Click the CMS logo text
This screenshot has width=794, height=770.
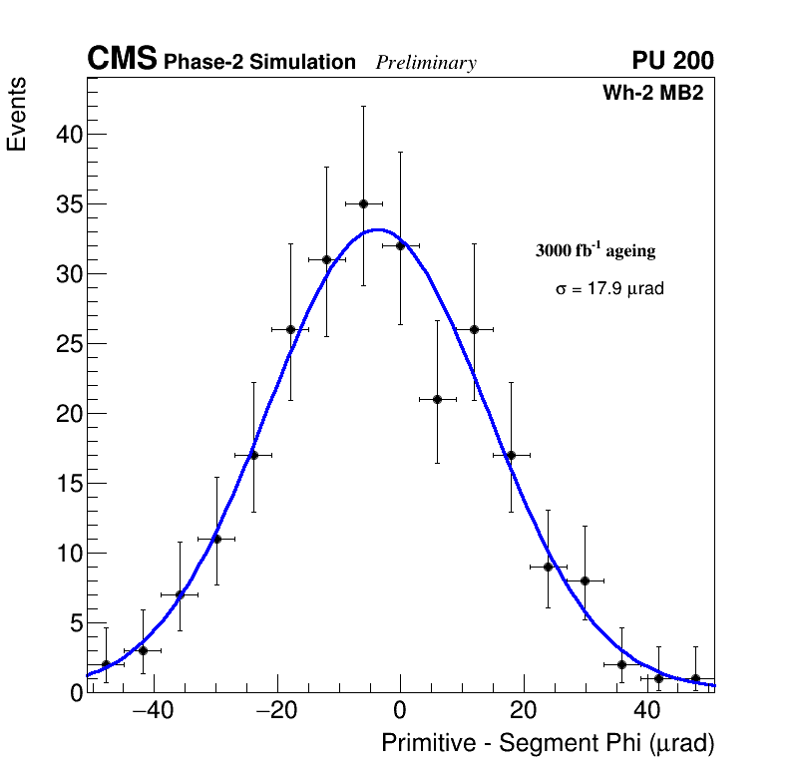pos(122,60)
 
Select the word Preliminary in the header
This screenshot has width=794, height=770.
pos(426,63)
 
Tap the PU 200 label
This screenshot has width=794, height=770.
pos(672,61)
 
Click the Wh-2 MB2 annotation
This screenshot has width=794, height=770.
pos(653,94)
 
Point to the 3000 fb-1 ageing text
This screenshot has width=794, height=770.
pos(595,250)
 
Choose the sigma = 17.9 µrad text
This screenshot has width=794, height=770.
pos(609,289)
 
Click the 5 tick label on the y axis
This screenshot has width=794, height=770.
pos(71,623)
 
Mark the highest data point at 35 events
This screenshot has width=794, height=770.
pos(363,203)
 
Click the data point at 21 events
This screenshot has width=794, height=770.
pos(437,399)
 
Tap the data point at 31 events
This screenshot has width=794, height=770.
pos(326,259)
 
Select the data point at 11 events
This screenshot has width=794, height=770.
pos(216,539)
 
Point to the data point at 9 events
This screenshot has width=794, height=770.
pos(548,567)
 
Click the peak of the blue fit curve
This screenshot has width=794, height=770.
pos(377,229)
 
